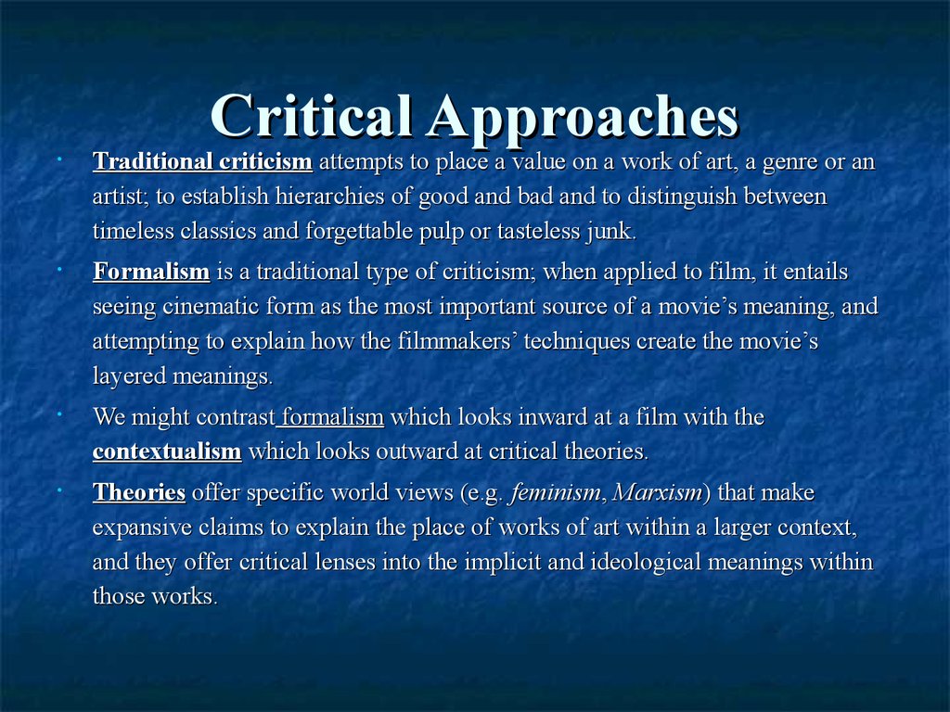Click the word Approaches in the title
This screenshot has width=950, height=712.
click(x=583, y=118)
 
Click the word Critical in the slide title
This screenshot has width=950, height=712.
click(x=312, y=115)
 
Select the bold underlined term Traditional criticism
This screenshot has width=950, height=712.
click(x=202, y=161)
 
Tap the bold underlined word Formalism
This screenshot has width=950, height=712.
click(x=151, y=272)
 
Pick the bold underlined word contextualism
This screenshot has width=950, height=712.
click(x=167, y=451)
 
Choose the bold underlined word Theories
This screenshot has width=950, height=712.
click(x=139, y=491)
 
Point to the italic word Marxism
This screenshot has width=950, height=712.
click(x=658, y=492)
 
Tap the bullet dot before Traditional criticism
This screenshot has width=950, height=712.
click(x=59, y=159)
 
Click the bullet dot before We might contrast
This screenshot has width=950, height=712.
click(x=59, y=414)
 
